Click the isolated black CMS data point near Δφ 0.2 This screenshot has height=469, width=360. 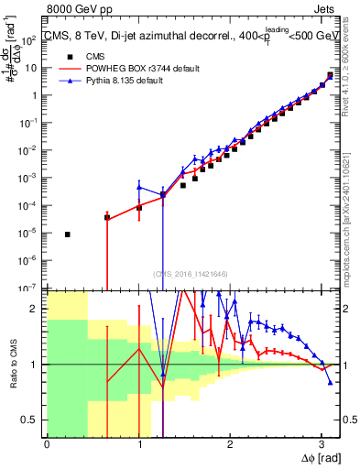coord(68,234)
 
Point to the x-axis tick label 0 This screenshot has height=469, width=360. coord(47,444)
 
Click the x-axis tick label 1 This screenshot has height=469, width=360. coord(138,444)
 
